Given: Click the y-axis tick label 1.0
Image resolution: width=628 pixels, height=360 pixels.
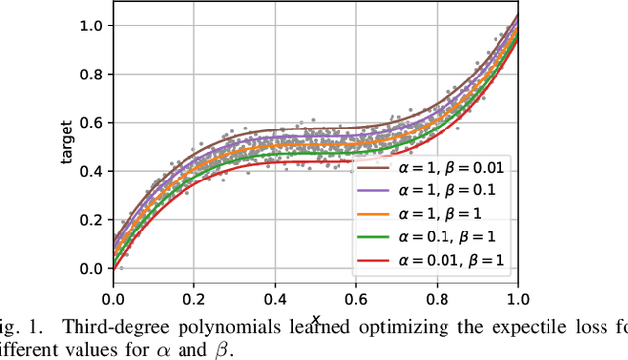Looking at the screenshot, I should (91, 25).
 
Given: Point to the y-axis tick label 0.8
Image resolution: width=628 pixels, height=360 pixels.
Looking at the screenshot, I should (91, 74).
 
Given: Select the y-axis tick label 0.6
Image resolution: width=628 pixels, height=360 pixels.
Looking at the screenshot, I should (91, 123).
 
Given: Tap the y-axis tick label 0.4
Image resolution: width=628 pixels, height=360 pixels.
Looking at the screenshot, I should (91, 171).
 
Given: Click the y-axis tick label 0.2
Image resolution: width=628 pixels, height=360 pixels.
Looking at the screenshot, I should (91, 220).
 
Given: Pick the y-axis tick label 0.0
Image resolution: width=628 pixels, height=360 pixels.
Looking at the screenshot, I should (91, 268).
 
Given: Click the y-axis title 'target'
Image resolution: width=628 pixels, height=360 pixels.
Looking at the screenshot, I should (67, 148).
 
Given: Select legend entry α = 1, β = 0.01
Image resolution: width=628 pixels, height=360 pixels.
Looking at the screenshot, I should (446, 168).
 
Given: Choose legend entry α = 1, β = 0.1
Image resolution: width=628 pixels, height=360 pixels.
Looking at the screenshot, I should (443, 190).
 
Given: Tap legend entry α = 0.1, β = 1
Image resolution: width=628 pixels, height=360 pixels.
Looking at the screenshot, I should (443, 236).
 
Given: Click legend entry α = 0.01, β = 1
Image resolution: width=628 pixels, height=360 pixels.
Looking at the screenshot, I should (446, 259).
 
